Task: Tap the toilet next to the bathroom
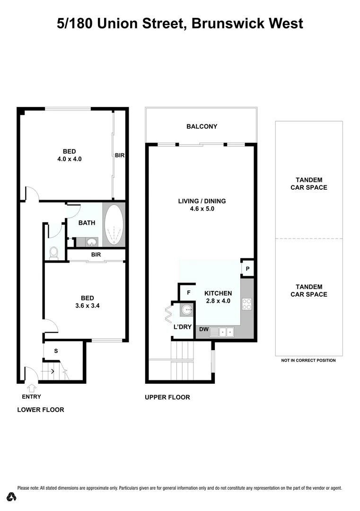(53, 253)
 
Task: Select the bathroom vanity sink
(92, 243)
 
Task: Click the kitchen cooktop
(246, 304)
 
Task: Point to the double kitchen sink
(222, 332)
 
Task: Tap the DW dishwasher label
(204, 329)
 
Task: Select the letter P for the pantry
(248, 270)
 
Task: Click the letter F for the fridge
(188, 293)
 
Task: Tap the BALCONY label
(202, 126)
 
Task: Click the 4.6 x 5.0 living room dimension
(202, 208)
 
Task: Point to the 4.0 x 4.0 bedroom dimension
(70, 159)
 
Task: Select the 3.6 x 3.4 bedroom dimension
(87, 305)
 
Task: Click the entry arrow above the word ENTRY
(31, 388)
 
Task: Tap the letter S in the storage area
(56, 351)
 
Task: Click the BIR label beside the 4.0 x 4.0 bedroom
(120, 155)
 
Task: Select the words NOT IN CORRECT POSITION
(308, 361)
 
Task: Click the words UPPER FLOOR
(167, 397)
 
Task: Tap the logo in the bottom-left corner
(12, 496)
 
